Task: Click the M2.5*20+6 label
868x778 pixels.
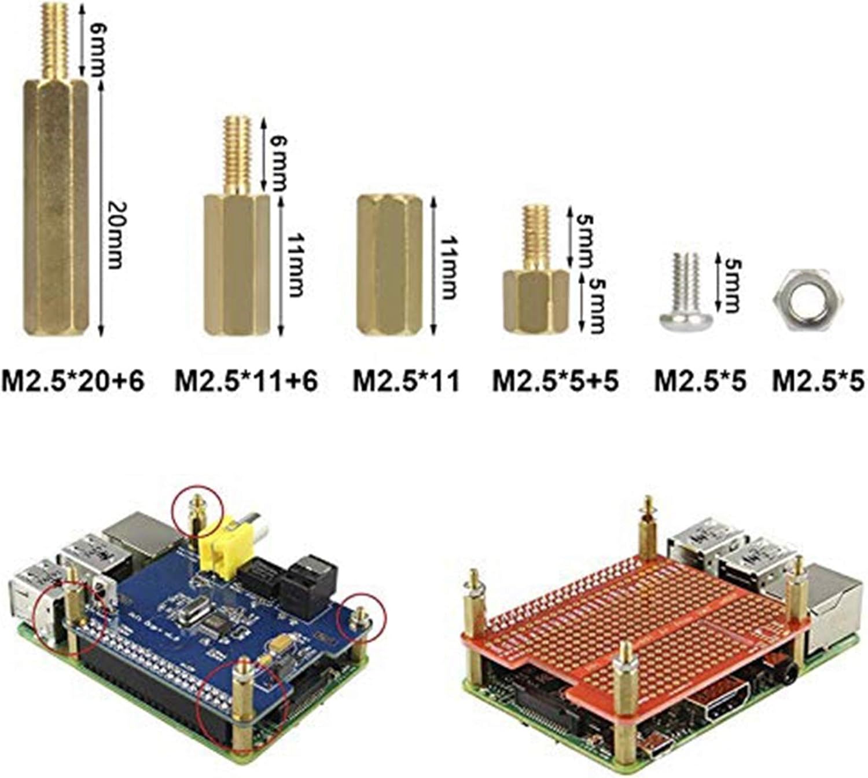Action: [x=73, y=381]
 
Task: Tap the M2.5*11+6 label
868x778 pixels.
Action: [x=247, y=381]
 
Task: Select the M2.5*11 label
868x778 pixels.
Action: [x=406, y=381]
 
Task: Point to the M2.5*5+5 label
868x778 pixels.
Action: [x=556, y=381]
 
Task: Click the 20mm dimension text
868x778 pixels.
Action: [x=113, y=235]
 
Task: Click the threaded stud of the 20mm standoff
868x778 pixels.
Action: [x=56, y=42]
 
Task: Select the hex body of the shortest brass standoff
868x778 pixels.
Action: [x=535, y=302]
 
